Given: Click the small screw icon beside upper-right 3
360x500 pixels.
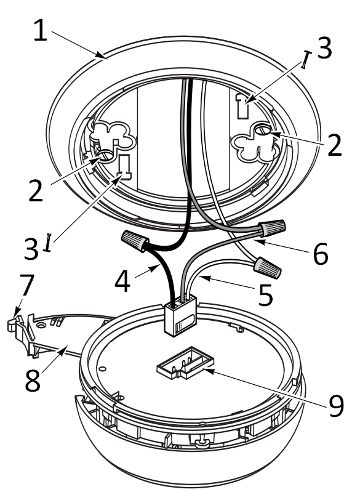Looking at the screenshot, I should click(x=305, y=59).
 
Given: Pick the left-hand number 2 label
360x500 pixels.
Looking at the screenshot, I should click(x=36, y=190).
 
